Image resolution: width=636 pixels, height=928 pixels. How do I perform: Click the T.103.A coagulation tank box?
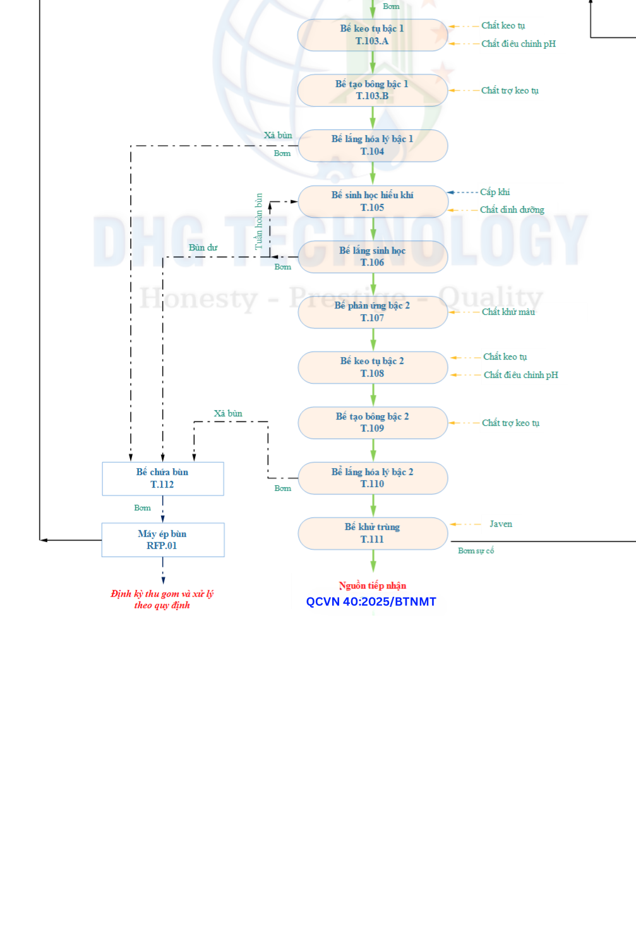pyautogui.click(x=372, y=35)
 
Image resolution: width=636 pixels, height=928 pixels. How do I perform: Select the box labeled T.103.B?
pyautogui.click(x=372, y=90)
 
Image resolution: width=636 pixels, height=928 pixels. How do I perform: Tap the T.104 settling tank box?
pyautogui.click(x=372, y=146)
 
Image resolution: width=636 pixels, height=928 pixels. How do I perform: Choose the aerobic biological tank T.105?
pyautogui.click(x=372, y=201)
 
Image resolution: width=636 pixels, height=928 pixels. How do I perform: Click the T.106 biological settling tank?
pyautogui.click(x=372, y=257)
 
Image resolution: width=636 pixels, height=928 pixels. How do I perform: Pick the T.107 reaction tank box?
pyautogui.click(x=372, y=312)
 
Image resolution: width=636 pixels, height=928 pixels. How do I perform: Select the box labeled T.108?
pyautogui.click(x=372, y=367)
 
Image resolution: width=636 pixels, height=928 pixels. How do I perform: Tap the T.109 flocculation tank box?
pyautogui.click(x=372, y=423)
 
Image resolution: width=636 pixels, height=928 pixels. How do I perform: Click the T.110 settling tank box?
pyautogui.click(x=372, y=478)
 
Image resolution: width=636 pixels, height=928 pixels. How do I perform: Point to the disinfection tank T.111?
pyautogui.click(x=372, y=533)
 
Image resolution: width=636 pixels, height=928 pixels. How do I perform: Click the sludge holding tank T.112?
pyautogui.click(x=162, y=478)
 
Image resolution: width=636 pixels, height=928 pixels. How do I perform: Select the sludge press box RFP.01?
pyautogui.click(x=162, y=540)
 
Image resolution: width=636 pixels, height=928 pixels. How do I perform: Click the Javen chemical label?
pyautogui.click(x=501, y=524)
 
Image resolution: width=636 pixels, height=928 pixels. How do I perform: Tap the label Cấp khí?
pyautogui.click(x=495, y=192)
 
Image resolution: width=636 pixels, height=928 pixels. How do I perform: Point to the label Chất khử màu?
pyautogui.click(x=508, y=312)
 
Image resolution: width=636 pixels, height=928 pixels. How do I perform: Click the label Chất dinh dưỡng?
pyautogui.click(x=512, y=210)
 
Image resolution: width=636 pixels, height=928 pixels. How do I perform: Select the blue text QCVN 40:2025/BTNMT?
pyautogui.click(x=371, y=602)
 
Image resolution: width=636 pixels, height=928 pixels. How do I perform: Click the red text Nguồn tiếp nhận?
pyautogui.click(x=372, y=586)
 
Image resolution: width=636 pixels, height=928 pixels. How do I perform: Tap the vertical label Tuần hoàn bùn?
pyautogui.click(x=258, y=221)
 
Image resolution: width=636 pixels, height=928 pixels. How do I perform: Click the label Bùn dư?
pyautogui.click(x=203, y=248)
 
